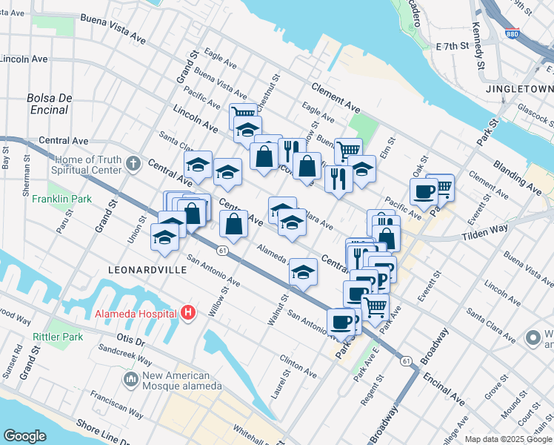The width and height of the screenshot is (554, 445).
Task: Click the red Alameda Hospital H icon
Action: coord(188,313)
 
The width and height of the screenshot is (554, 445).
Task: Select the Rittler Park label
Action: coord(58,337)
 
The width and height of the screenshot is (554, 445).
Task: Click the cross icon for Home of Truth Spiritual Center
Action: coord(133,162)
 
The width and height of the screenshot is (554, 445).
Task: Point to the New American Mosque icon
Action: coord(131,359)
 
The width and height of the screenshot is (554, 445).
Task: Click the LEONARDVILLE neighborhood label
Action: coord(146,271)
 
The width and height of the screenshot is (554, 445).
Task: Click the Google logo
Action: coord(24,435)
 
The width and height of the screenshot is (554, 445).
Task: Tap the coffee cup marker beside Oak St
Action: coord(424,191)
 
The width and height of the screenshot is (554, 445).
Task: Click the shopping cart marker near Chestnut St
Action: coord(243,115)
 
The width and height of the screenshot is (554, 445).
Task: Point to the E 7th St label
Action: coord(453,47)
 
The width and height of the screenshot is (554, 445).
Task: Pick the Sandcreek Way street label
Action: coord(126,347)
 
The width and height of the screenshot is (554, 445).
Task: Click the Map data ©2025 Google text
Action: coord(507,439)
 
